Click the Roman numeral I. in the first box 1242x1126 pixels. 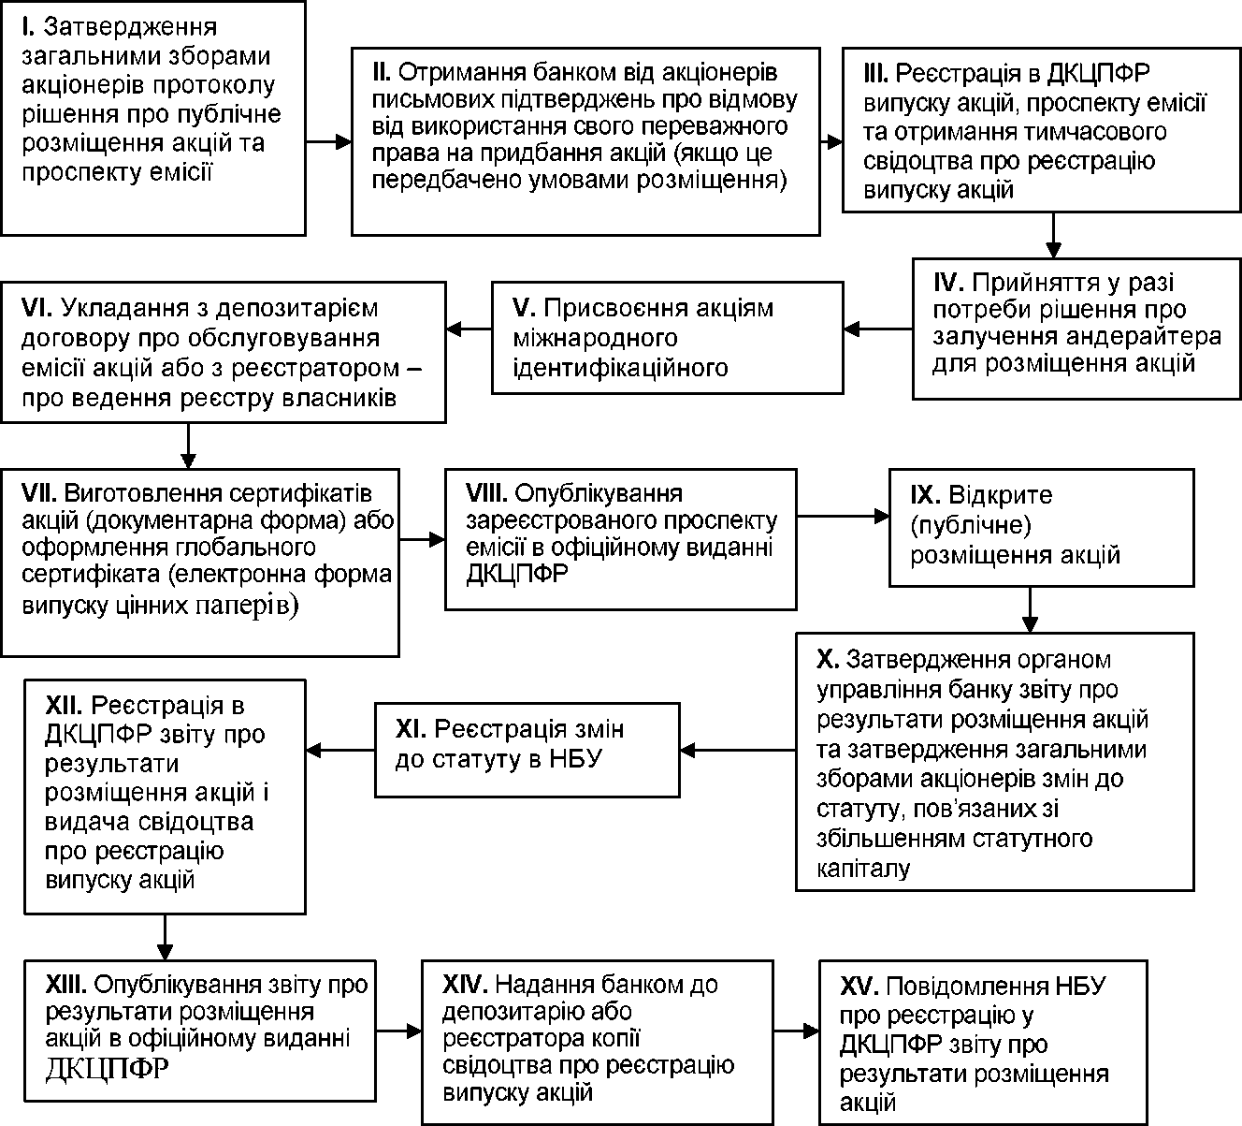28,26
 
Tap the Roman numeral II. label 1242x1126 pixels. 382,72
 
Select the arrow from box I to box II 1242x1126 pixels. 329,142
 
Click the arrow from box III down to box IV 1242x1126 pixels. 1053,236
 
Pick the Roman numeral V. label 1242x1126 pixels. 525,308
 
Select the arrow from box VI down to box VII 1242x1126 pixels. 188,446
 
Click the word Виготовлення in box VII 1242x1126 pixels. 144,493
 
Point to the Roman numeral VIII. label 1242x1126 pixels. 486,493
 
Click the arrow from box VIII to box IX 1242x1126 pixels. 844,516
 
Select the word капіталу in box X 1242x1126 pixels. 863,869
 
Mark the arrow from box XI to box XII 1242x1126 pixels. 340,751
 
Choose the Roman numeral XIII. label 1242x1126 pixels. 68,984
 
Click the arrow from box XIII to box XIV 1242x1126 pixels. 398,1031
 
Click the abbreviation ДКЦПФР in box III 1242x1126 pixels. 1098,74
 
